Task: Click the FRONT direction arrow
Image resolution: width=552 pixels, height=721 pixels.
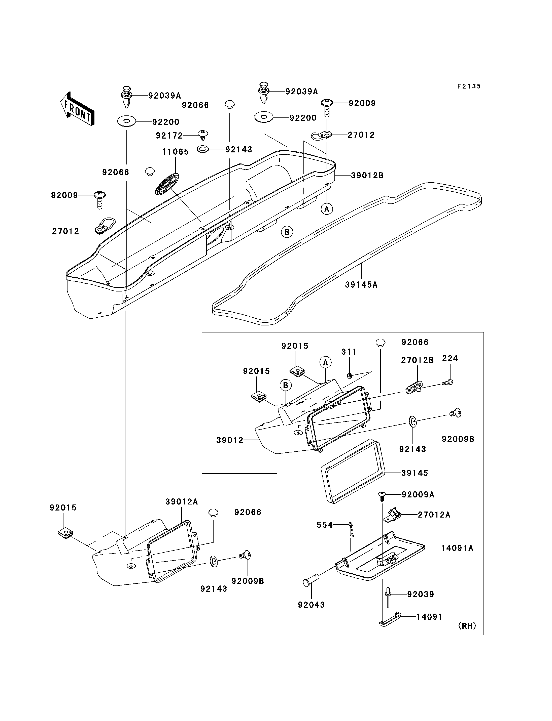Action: click(78, 109)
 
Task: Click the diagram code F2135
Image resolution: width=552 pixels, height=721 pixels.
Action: click(469, 86)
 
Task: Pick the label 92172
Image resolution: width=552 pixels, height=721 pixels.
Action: click(169, 135)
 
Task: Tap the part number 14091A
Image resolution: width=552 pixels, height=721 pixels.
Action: click(457, 548)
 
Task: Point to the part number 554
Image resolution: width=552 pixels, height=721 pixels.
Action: click(325, 525)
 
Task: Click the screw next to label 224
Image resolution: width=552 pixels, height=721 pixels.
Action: click(447, 382)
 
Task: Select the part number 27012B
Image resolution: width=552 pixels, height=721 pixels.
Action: click(417, 360)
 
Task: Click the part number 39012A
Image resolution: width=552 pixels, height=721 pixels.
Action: click(181, 502)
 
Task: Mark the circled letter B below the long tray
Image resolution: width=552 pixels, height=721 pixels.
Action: click(287, 232)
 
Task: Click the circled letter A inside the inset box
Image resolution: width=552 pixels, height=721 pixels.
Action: click(325, 362)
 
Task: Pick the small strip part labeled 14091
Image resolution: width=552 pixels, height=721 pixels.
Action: click(390, 619)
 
